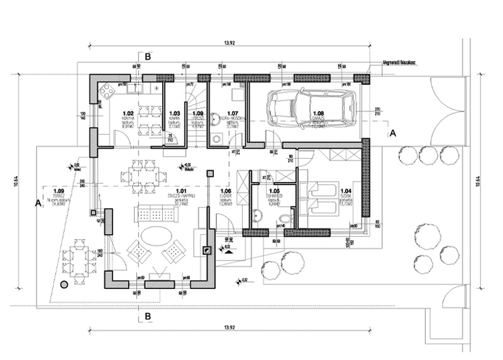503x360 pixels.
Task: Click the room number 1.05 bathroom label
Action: (274, 191)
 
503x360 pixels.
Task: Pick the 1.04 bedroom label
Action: (346, 191)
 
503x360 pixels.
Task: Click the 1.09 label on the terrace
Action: (59, 191)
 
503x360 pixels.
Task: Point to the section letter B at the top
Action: (148, 57)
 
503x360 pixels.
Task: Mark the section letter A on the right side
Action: (393, 133)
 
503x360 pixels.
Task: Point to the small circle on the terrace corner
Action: (64, 285)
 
